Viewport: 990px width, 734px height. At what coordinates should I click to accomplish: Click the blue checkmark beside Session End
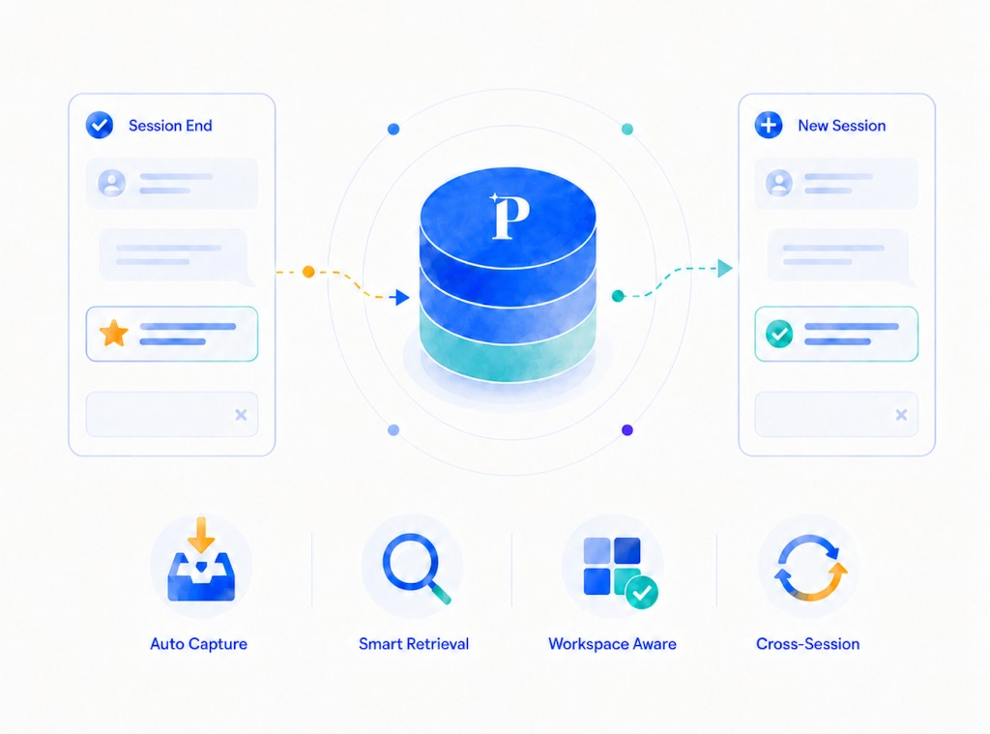click(x=100, y=125)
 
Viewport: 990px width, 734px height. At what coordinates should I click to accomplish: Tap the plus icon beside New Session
click(x=769, y=125)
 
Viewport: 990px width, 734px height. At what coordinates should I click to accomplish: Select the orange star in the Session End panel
click(x=114, y=333)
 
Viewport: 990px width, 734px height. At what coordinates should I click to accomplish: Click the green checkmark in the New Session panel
click(x=779, y=334)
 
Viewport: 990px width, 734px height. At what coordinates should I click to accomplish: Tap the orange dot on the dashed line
click(x=308, y=272)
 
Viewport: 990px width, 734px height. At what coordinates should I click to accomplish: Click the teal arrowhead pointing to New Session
click(x=725, y=268)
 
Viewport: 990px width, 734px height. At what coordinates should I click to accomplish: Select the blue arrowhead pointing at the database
click(x=401, y=297)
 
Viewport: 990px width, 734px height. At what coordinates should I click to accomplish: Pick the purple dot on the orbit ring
click(x=626, y=430)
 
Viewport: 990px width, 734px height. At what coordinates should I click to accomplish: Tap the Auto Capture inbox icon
click(x=201, y=559)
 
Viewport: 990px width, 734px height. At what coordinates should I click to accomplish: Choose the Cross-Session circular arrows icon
click(x=811, y=568)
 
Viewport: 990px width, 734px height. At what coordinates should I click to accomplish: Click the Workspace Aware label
click(x=612, y=644)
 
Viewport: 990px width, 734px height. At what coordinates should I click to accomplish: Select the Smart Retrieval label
click(x=414, y=644)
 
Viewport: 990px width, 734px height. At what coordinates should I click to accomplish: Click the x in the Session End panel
click(x=241, y=414)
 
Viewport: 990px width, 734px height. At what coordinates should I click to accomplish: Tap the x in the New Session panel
click(x=901, y=414)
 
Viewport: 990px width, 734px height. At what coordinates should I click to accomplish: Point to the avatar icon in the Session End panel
click(x=112, y=183)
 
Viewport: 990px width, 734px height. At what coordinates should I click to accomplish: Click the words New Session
click(x=842, y=126)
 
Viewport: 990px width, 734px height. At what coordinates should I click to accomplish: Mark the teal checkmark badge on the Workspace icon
click(x=642, y=592)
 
